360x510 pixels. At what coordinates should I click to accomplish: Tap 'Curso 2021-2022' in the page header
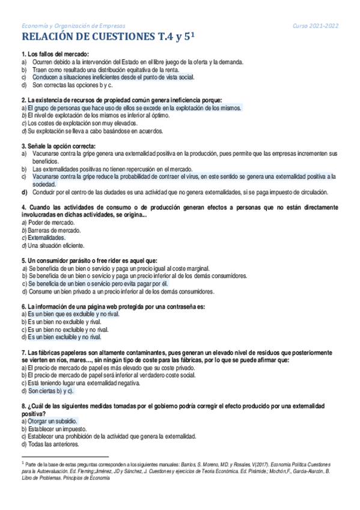point(316,25)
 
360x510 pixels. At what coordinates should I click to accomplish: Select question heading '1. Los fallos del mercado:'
point(55,54)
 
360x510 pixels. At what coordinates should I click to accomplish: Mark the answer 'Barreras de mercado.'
point(54,230)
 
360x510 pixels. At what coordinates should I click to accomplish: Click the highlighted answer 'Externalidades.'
point(50,238)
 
